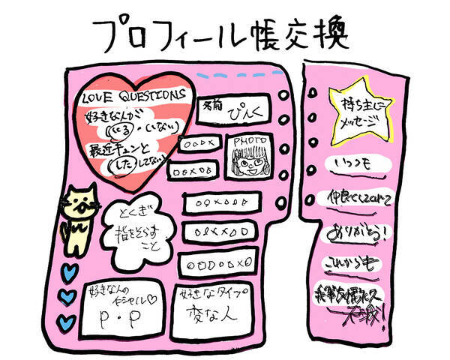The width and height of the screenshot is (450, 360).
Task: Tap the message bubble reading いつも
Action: (x=352, y=164)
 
